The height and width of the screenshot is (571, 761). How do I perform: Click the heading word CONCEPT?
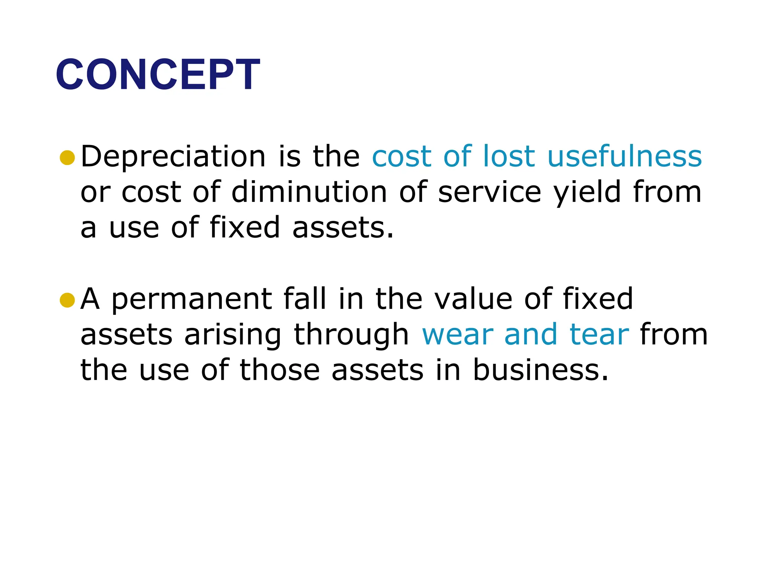point(158,74)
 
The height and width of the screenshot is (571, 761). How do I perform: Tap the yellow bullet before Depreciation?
point(67,158)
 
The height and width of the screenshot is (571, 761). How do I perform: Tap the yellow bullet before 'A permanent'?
point(67,300)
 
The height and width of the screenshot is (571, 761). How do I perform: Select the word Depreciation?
point(173,156)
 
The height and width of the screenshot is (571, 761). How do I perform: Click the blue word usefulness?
point(625,156)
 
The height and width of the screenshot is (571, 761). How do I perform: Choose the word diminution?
point(309,192)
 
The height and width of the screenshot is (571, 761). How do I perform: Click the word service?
point(489,193)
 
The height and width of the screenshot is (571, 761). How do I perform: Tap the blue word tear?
point(599,335)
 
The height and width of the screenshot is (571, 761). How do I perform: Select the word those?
point(279,370)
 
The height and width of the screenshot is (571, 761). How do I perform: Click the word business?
point(541,370)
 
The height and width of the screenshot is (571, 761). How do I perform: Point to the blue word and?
point(530,335)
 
